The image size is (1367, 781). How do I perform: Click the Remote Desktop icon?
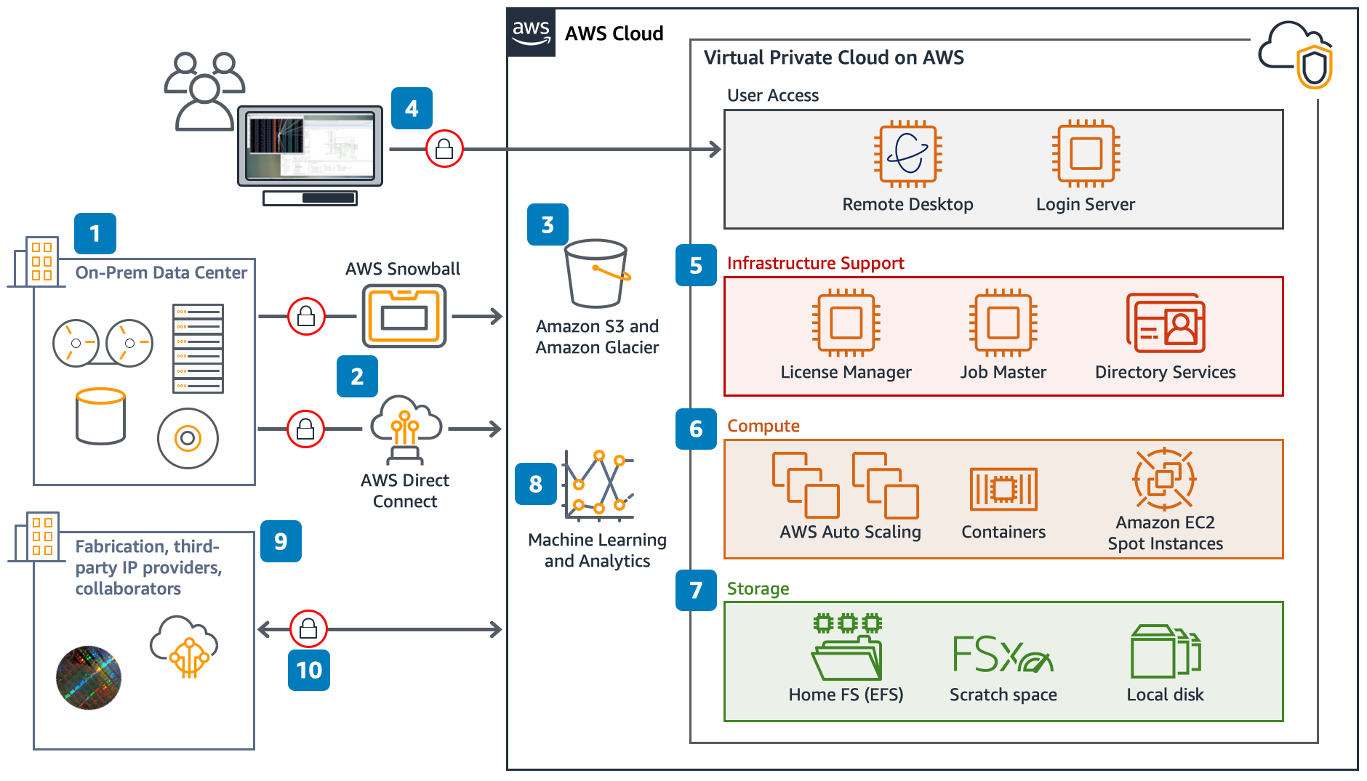coord(907,154)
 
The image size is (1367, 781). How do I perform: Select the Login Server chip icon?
coord(1086,154)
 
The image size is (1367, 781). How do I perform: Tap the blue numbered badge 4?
coord(412,108)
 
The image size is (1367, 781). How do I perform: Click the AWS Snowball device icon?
coord(404,316)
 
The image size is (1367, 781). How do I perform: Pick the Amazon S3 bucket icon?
coord(596,274)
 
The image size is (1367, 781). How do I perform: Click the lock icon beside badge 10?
coord(308,628)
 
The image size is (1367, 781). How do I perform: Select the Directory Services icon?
coord(1165,324)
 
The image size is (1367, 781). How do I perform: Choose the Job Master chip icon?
coord(1003,323)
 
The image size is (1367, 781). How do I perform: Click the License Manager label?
coord(846,372)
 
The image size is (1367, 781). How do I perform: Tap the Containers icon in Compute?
coord(1003,489)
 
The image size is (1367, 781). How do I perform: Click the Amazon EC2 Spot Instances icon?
coord(1164,479)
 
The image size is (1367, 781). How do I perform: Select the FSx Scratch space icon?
coord(1002,654)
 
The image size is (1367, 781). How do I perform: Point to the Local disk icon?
coord(1165,652)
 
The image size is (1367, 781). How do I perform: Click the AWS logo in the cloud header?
coord(531,33)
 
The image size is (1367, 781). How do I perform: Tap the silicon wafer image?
coord(89,677)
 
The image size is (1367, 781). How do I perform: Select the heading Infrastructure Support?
coord(815,263)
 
